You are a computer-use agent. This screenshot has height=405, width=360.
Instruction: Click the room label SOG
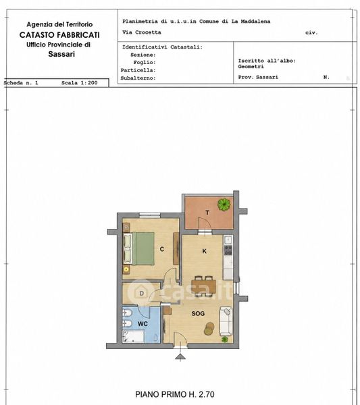click(x=198, y=314)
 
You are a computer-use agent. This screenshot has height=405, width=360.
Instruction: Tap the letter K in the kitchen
click(x=205, y=251)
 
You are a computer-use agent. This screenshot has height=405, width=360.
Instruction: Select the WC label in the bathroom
click(x=143, y=324)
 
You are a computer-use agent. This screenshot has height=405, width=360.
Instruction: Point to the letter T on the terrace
click(x=207, y=213)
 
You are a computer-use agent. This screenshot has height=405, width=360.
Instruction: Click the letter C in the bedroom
click(x=162, y=249)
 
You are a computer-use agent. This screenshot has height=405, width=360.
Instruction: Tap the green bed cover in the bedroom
click(x=143, y=248)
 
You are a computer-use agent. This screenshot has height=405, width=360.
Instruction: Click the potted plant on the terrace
click(x=224, y=205)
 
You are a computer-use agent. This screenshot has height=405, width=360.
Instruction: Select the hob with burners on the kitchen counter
click(x=228, y=250)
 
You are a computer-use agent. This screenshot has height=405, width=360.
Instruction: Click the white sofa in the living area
click(x=226, y=321)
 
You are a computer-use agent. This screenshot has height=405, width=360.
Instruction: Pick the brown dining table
click(x=204, y=286)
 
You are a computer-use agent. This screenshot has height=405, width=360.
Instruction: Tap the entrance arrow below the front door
click(x=180, y=356)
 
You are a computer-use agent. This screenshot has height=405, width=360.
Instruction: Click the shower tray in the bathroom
click(x=133, y=336)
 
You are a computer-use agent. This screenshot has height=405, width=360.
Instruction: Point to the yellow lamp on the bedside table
click(x=126, y=269)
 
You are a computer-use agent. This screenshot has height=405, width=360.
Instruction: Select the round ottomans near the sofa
click(x=209, y=329)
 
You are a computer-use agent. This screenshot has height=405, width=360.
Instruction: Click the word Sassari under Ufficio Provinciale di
click(x=61, y=54)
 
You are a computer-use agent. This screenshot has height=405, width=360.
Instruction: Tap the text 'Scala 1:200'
click(x=80, y=83)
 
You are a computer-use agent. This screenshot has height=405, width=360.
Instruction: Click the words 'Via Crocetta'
click(x=142, y=32)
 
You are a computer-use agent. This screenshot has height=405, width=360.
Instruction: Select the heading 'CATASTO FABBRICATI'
click(x=59, y=35)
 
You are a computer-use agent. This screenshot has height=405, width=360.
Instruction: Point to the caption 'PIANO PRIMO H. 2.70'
click(x=175, y=394)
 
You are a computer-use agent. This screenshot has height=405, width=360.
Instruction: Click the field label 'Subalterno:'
click(x=138, y=78)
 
